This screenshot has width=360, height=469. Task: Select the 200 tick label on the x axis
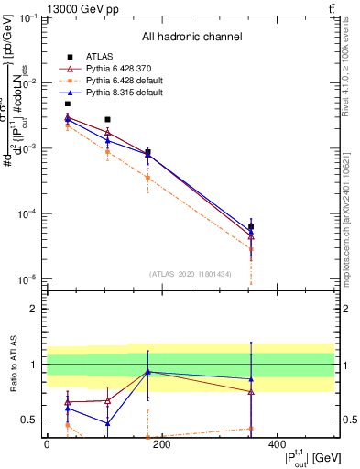[x=161, y=445]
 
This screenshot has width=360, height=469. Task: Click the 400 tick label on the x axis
[x=277, y=445]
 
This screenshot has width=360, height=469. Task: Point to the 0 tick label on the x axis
[x=47, y=445]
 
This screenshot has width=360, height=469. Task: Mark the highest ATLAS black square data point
[x=68, y=104]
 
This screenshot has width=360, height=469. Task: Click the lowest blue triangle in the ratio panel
[x=108, y=423]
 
